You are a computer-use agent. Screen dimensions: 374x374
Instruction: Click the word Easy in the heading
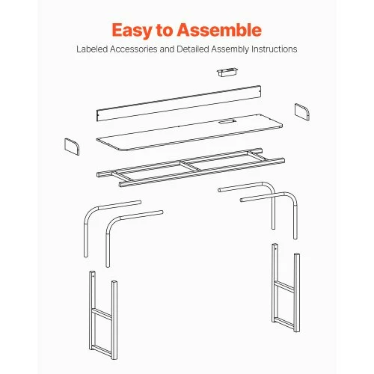(132, 31)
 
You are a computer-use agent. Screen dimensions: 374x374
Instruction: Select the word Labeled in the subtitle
(92, 49)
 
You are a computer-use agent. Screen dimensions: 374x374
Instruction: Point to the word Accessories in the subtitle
(133, 49)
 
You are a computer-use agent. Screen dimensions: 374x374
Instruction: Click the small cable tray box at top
(227, 72)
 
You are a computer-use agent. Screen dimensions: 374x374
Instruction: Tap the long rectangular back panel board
(179, 103)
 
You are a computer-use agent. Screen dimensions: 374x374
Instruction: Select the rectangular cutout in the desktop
(227, 122)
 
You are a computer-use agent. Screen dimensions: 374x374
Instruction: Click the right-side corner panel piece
(302, 112)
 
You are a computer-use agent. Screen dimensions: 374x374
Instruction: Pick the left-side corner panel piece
(72, 147)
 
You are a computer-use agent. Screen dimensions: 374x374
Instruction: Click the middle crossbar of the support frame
(191, 166)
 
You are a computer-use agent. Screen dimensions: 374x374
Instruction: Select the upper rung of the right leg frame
(284, 286)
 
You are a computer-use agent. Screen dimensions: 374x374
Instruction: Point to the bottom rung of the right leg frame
(284, 322)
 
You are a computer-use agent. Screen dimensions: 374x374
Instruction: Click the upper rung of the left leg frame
(102, 313)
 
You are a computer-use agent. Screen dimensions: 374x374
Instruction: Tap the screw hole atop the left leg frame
(93, 276)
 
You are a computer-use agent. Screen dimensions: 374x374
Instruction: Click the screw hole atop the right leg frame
(275, 248)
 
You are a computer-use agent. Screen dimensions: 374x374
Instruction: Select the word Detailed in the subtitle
(192, 49)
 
